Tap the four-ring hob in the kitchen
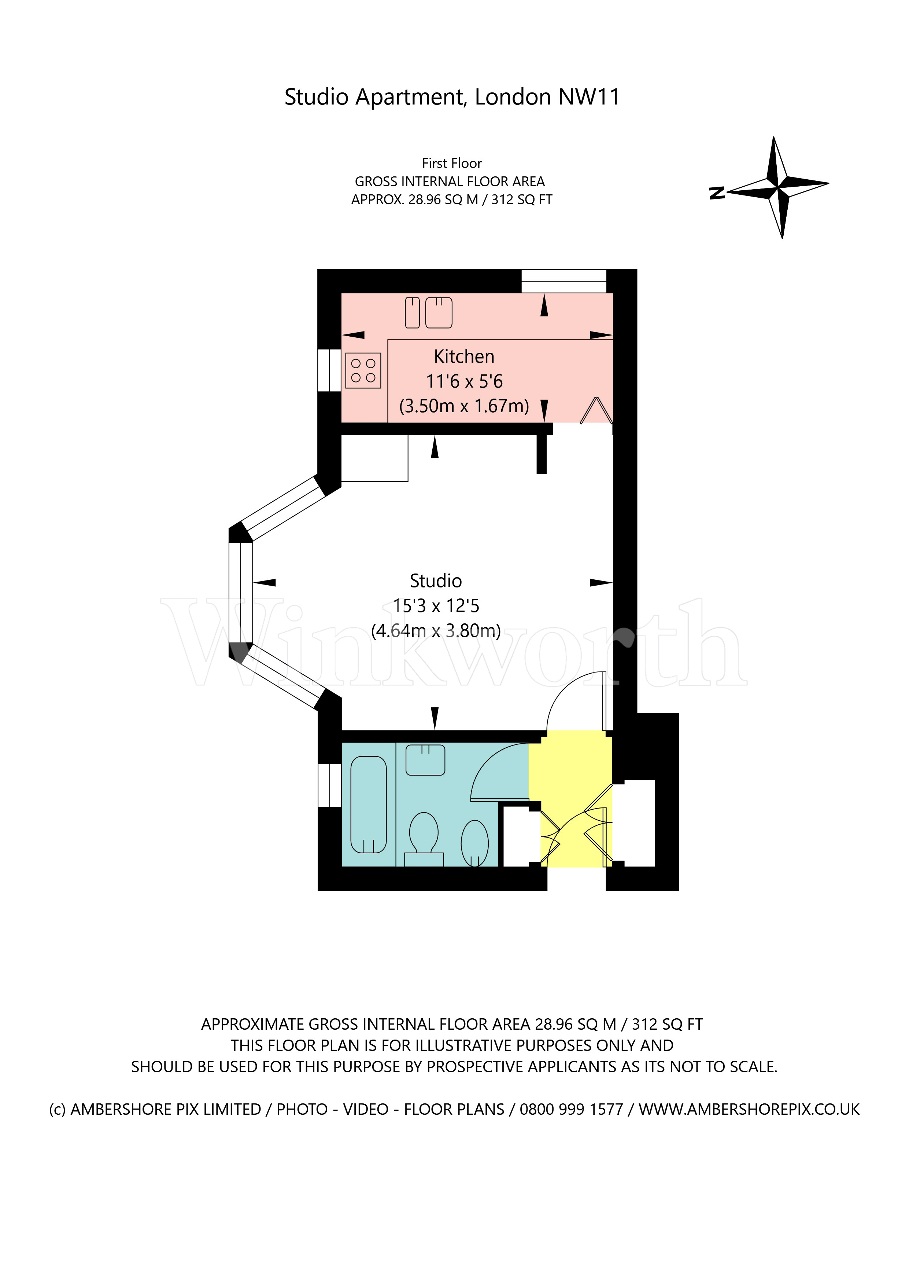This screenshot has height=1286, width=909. click(363, 371)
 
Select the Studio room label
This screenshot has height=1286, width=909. click(436, 581)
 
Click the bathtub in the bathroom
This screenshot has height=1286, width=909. click(368, 804)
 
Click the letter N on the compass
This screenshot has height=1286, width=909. click(716, 193)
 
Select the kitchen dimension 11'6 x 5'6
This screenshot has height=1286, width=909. click(464, 381)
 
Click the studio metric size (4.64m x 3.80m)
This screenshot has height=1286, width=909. click(436, 631)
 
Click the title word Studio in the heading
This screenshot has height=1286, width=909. click(316, 97)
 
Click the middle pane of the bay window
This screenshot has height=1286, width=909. click(241, 592)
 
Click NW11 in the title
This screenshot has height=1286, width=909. click(589, 97)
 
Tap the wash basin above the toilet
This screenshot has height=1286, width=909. click(425, 760)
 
